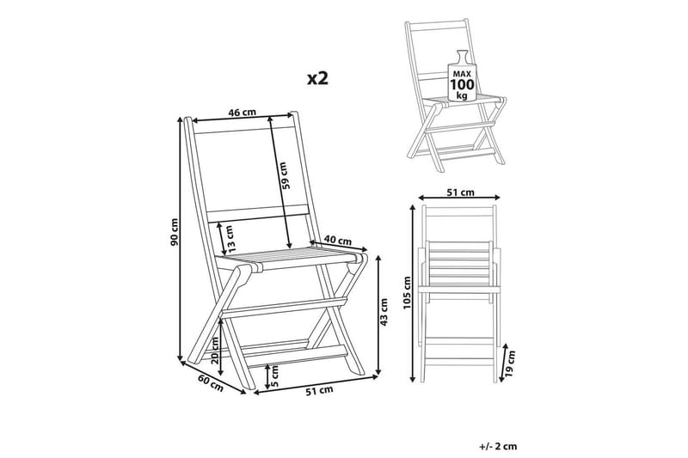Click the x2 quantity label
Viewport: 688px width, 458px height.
[317, 78]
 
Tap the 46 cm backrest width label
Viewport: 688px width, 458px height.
[242, 113]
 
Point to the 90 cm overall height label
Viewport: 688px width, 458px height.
[175, 231]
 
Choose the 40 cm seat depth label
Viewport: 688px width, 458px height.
[338, 241]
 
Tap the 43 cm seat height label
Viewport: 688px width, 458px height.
[384, 312]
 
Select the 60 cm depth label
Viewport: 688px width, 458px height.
[210, 384]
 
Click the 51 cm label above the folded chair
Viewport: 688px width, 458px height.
[460, 192]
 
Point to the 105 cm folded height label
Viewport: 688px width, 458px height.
[407, 293]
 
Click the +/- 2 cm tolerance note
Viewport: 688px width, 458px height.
[498, 447]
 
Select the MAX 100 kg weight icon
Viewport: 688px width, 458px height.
[461, 76]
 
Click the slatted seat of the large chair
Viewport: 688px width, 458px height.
[290, 259]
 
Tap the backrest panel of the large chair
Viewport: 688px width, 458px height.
[250, 173]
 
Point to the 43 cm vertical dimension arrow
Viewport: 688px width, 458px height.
[378, 314]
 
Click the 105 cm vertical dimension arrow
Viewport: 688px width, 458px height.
[413, 293]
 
